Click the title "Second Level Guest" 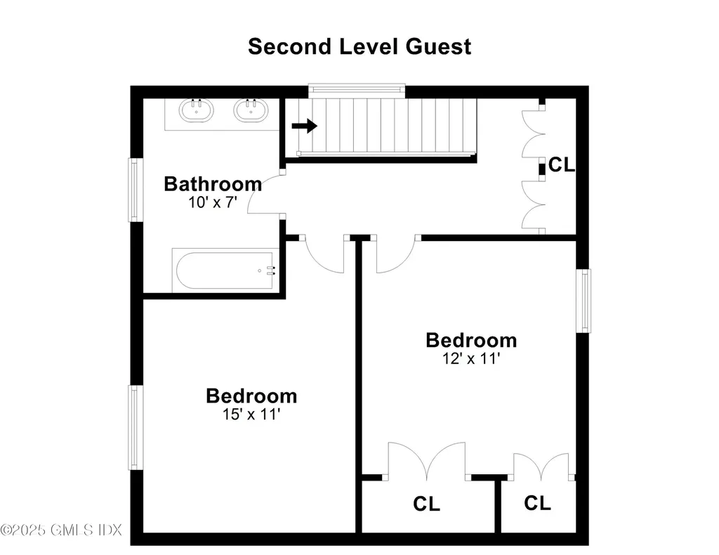[359, 47]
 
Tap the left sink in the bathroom [197, 110]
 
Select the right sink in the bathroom [251, 110]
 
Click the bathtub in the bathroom [225, 270]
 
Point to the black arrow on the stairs [305, 125]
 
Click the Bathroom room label [213, 184]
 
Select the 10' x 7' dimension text [212, 202]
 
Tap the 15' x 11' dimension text [251, 414]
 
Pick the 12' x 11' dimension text [471, 358]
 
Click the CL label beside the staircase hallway [561, 164]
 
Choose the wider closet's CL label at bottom [426, 504]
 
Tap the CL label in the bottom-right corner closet [537, 503]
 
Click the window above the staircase [357, 91]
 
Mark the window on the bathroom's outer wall [136, 190]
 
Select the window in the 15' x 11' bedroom [136, 427]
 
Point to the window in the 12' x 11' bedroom [583, 301]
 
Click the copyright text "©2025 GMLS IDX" [61, 530]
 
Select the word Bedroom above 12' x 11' [471, 340]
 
